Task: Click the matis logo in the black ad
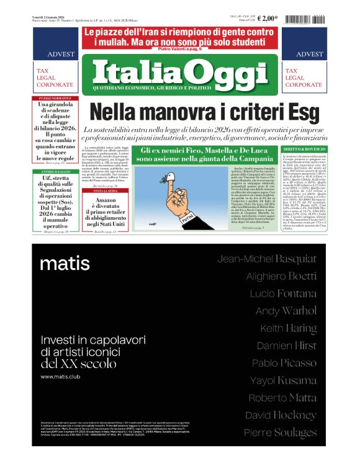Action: pos(65,264)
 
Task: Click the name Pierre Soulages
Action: pos(280,432)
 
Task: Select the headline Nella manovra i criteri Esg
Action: pos(180,112)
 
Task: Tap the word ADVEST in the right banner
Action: pos(310,54)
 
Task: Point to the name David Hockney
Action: pos(281,415)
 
